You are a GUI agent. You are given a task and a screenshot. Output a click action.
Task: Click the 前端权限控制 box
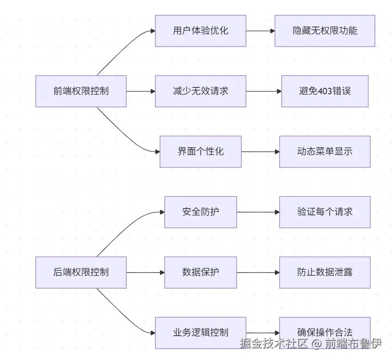81,91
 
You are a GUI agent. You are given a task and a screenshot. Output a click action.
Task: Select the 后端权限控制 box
81,272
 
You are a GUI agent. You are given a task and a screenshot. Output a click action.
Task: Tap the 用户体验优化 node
200,31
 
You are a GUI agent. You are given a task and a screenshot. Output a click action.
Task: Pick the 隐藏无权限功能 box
325,31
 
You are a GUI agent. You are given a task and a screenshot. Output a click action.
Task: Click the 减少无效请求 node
200,91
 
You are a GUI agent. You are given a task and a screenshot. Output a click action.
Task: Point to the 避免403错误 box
325,91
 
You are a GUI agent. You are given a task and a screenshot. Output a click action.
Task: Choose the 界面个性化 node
200,151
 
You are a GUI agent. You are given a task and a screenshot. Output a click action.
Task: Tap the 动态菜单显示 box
325,151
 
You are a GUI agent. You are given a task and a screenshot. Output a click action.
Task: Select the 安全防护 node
200,212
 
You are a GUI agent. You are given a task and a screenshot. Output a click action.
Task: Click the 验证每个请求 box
325,212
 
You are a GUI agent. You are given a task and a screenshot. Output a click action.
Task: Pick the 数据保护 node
200,272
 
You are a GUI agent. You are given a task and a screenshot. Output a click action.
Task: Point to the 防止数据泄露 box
325,272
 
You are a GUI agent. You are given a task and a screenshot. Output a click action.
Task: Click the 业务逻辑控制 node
200,333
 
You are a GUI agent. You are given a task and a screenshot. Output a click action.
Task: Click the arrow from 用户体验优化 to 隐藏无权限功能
260,31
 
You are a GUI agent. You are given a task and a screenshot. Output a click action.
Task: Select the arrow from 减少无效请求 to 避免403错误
263,91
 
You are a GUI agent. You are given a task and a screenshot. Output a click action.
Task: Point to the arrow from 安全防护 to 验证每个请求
258,212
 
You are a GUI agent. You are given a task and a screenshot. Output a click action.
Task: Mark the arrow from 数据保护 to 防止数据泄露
258,272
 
